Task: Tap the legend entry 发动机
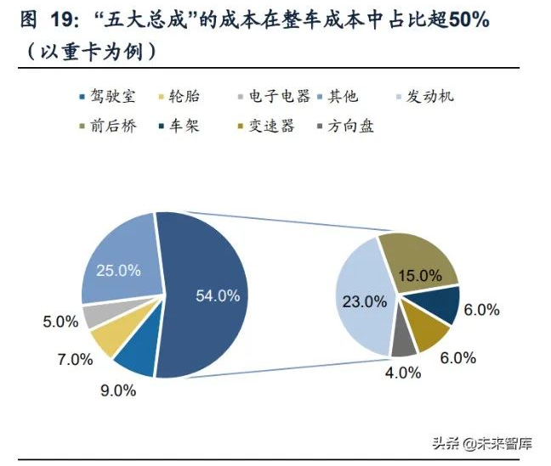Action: click(x=430, y=96)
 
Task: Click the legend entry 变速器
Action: click(x=270, y=126)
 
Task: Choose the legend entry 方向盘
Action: click(x=349, y=126)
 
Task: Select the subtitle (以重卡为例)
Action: click(x=86, y=51)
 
